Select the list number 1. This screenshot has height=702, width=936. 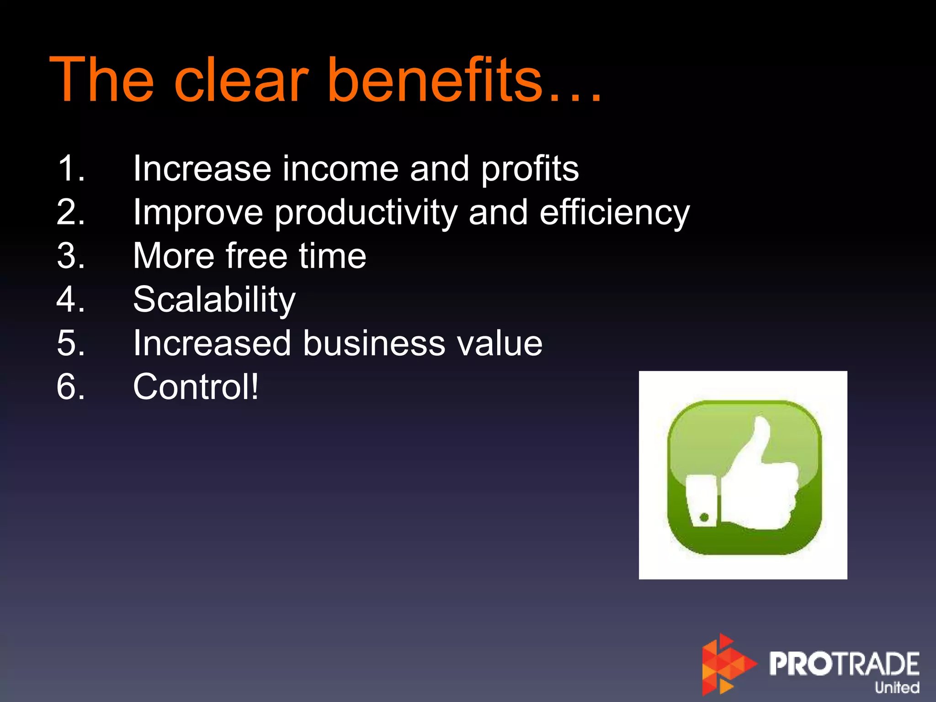(x=71, y=169)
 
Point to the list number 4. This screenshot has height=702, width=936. (x=71, y=299)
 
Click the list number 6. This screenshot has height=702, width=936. (x=71, y=387)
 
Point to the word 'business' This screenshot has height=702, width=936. (x=374, y=343)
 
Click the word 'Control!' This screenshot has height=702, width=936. (x=196, y=387)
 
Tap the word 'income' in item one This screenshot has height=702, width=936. (x=340, y=169)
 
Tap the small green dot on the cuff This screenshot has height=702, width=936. (x=704, y=517)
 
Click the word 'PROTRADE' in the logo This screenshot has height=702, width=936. (x=844, y=664)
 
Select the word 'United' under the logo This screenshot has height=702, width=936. (x=897, y=687)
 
